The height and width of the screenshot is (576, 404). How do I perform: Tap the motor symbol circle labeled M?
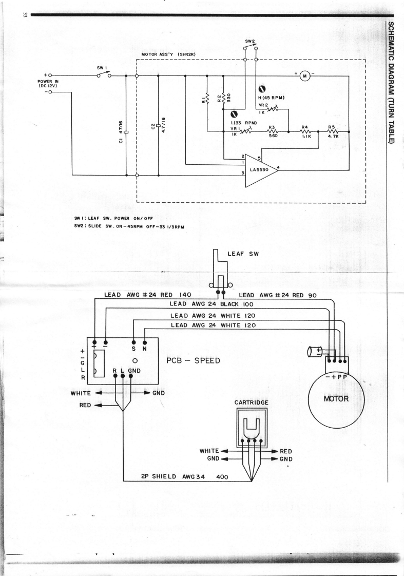pyautogui.click(x=304, y=76)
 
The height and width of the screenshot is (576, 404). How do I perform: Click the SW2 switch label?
pyautogui.click(x=249, y=41)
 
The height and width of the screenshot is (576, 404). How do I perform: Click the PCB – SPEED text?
pyautogui.click(x=194, y=360)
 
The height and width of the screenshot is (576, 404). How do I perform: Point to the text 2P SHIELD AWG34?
pyautogui.click(x=168, y=476)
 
